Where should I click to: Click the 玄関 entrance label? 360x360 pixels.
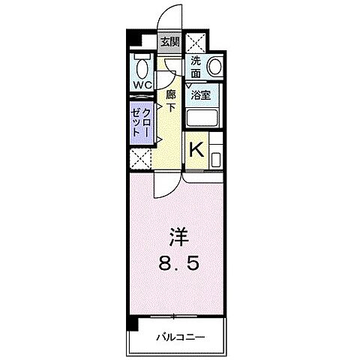168,42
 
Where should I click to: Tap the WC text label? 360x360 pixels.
142,85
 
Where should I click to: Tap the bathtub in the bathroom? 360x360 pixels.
200,117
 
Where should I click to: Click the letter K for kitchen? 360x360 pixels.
195,150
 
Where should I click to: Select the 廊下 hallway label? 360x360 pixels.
171,100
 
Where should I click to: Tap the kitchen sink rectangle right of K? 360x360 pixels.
216,158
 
